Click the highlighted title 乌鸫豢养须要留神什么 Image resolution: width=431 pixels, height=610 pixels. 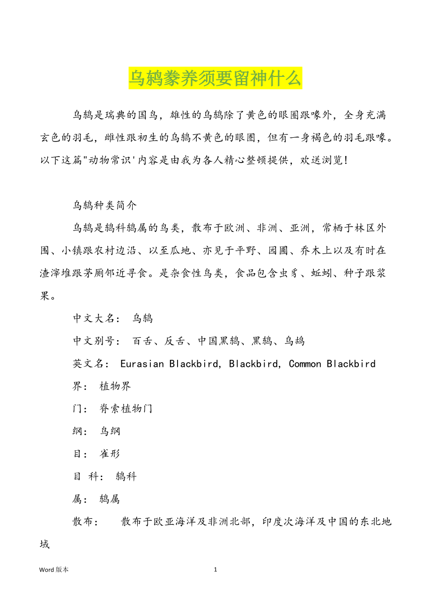coord(215,78)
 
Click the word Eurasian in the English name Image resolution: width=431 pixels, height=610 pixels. coord(142,364)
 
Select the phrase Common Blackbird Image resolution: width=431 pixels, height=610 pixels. coord(332,364)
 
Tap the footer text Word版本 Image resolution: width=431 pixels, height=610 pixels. coord(54,570)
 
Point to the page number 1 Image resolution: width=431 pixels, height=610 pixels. coord(215,570)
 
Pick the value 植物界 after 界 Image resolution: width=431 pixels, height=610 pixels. coord(115,386)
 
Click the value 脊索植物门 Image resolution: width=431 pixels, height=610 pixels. coord(126,409)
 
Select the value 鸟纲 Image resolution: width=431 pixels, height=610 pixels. coord(110,431)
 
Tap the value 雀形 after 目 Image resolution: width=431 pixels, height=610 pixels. coord(110,454)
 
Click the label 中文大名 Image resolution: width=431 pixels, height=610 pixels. coord(94,319)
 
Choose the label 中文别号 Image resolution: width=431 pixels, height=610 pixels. coord(94,341)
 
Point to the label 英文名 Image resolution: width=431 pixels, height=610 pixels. coord(89,364)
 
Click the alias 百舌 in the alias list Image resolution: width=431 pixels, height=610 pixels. coord(142,341)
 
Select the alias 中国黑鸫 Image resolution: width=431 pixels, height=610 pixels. coord(219,341)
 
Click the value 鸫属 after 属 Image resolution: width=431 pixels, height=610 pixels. coord(110,499)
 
